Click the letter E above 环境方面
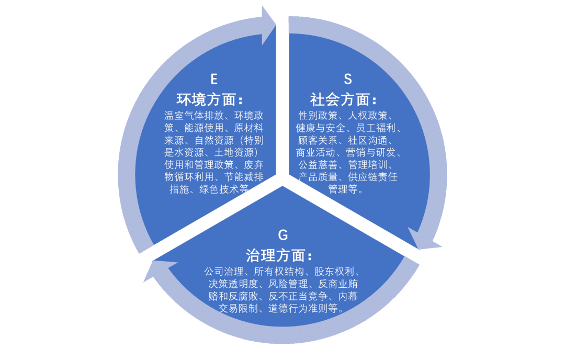213,79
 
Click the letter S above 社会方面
347,79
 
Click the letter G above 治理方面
283,235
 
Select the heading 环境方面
209,99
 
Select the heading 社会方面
343,99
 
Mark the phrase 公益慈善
317,165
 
